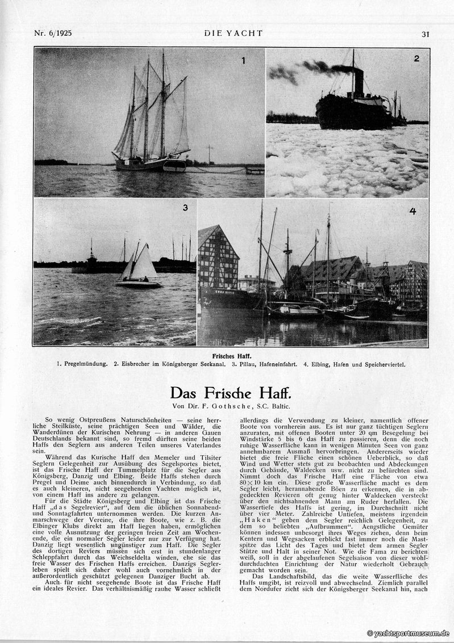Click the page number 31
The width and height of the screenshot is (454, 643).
click(425, 34)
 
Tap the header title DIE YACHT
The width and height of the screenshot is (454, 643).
click(234, 33)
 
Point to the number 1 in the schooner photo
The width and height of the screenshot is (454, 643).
click(243, 61)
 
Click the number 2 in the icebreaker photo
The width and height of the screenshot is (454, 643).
click(416, 58)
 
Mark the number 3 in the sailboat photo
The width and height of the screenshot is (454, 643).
click(185, 208)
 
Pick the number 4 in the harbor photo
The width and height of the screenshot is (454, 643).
click(413, 212)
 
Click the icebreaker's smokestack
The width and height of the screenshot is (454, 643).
click(359, 82)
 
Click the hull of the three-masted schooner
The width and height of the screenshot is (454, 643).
click(151, 165)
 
